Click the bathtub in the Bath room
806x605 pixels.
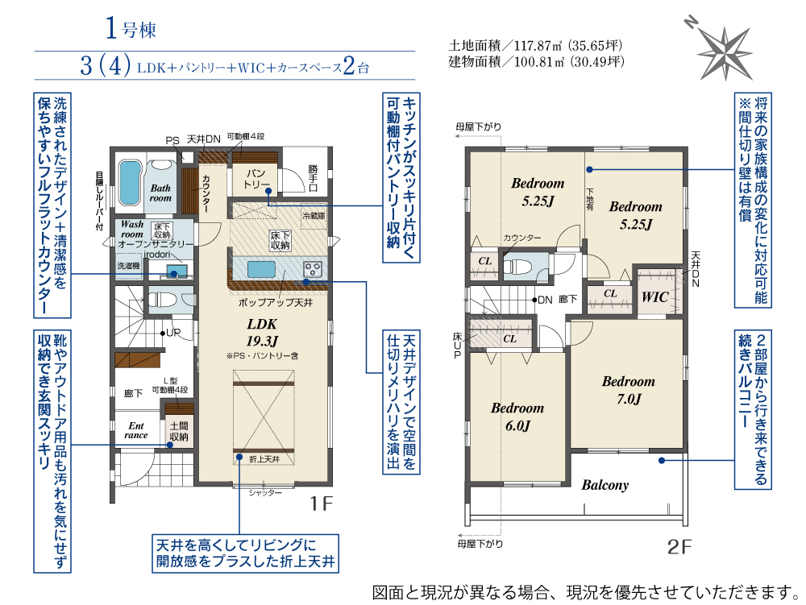130,183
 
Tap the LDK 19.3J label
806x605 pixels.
262,332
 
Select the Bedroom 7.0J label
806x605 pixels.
629,390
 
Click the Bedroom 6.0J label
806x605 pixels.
517,416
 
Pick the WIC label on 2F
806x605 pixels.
654,296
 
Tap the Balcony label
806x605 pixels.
605,485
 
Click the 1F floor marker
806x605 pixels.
322,503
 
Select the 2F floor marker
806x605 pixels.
679,547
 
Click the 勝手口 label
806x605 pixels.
313,178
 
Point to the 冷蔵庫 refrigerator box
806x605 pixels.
314,216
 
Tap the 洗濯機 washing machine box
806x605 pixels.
128,266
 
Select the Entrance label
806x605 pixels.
135,430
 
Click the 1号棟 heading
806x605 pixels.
131,28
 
